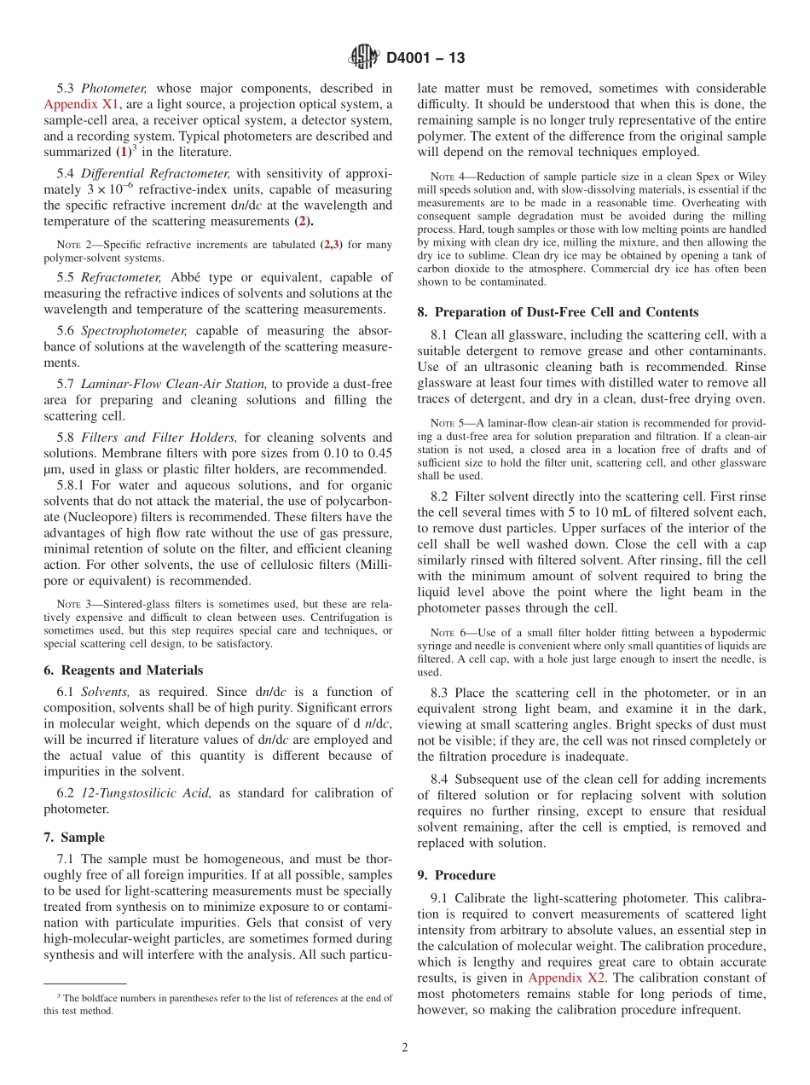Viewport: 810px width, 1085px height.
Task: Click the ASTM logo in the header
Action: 364,57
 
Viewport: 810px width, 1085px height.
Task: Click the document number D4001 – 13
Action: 425,58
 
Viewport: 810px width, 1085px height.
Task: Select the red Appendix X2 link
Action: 563,978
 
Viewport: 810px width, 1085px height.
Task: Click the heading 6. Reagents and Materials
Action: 124,670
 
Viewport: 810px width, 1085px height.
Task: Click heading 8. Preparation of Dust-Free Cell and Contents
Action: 558,312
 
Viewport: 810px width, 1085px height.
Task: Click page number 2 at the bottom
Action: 405,1047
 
